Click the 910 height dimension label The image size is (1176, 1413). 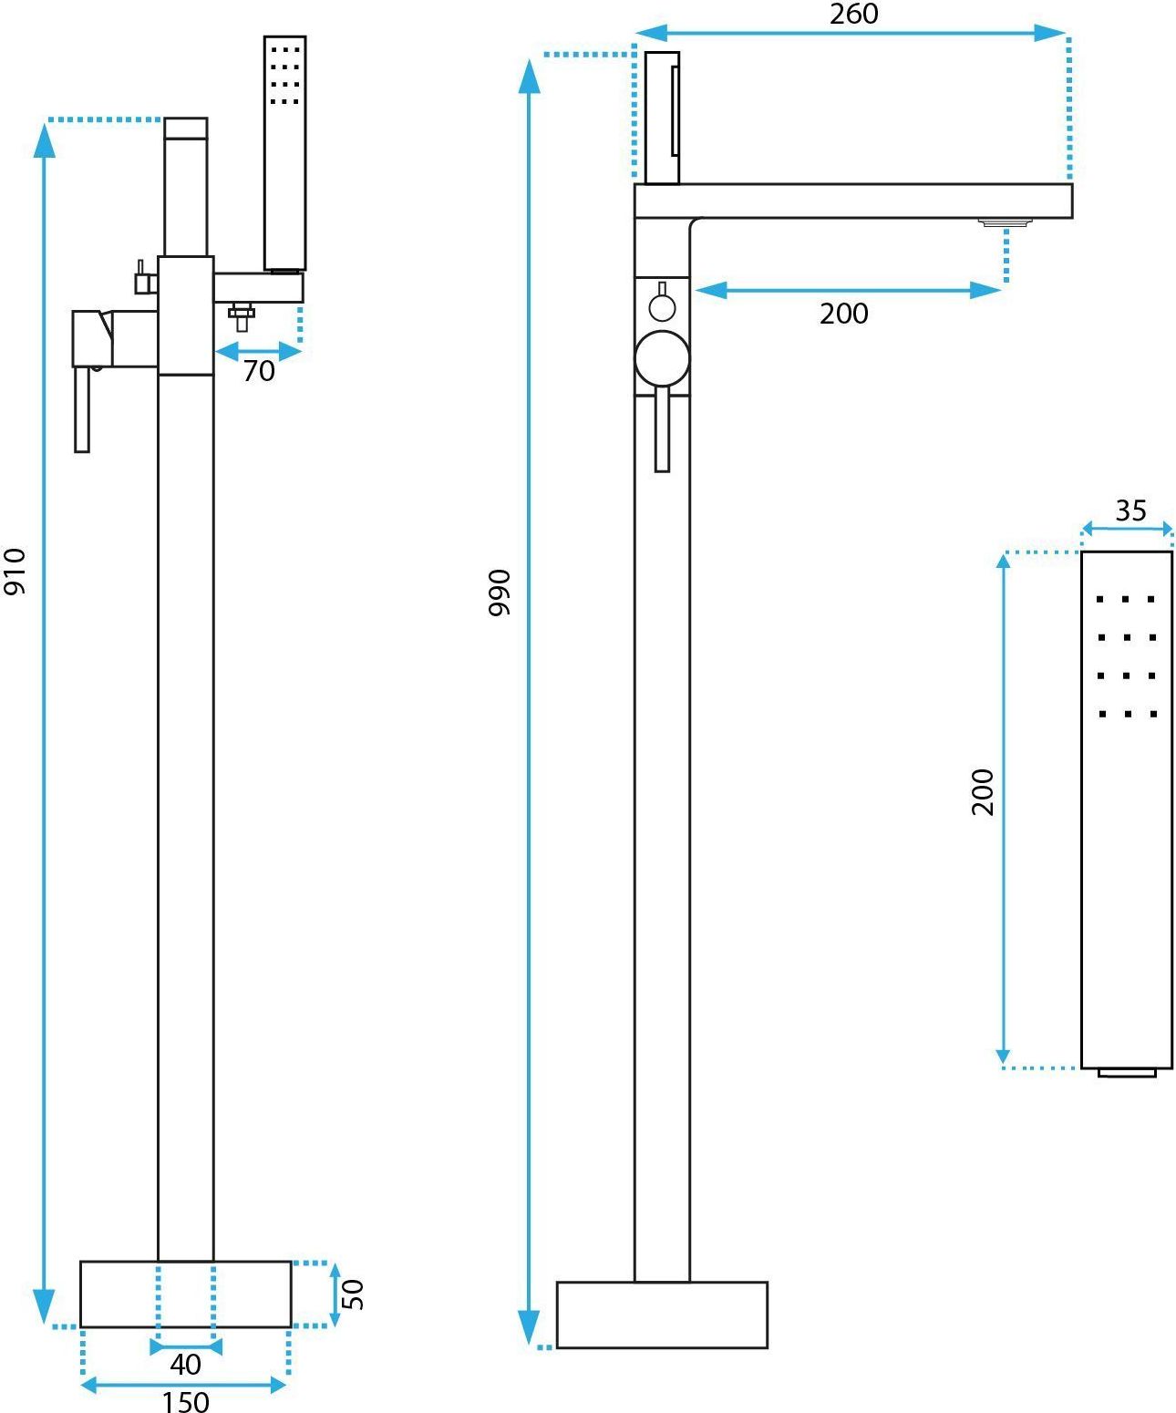[x=15, y=572]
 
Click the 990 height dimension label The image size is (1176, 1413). [x=500, y=593]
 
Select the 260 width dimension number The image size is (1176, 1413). [x=854, y=14]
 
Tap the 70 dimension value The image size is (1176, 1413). [x=259, y=371]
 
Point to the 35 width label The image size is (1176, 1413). [x=1130, y=511]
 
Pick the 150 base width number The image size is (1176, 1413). [x=185, y=1400]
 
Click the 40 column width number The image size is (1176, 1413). [x=185, y=1365]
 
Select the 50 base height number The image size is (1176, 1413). [x=353, y=1294]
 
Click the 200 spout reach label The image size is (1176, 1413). [x=844, y=314]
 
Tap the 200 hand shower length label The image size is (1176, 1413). [x=983, y=792]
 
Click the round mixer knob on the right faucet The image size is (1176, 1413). [x=662, y=358]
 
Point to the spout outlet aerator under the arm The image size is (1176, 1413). [x=1006, y=222]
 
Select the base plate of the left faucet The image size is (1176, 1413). [x=185, y=1294]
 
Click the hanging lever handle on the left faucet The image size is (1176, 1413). [x=82, y=409]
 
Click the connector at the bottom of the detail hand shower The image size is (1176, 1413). [x=1127, y=1072]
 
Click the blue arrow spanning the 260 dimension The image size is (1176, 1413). [x=851, y=33]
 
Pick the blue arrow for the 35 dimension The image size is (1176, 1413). [x=1127, y=529]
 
